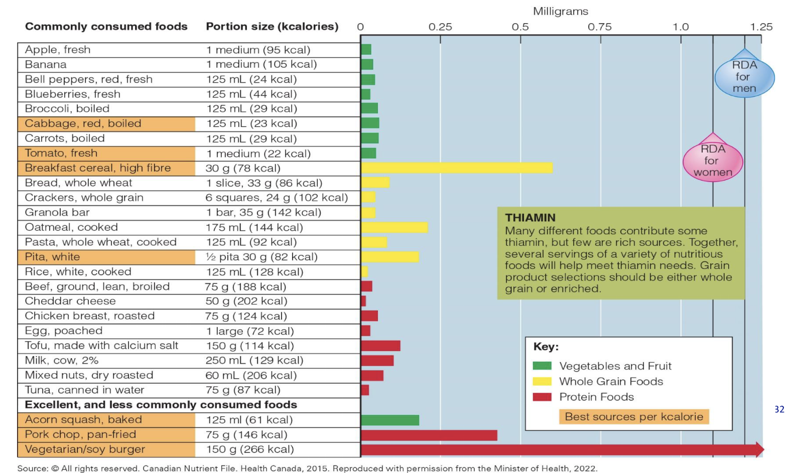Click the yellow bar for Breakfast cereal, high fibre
pos(456,168)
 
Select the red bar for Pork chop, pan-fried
pos(429,435)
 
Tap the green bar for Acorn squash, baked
pos(390,420)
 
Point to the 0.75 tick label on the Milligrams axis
pos(600,27)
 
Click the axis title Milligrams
pos(560,11)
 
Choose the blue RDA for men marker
pos(744,76)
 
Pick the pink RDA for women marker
pos(713,160)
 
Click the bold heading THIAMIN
pos(530,218)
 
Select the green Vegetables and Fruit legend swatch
pos(542,366)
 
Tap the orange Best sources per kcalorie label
pos(634,417)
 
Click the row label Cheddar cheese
pos(70,301)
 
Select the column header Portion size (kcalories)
pos(272,27)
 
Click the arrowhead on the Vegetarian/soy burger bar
pos(759,449)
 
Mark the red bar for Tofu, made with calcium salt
pos(380,346)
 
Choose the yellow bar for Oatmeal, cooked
pos(394,227)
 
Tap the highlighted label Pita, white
pos(52,257)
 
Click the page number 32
pos(779,409)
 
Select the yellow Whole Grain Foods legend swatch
pos(542,382)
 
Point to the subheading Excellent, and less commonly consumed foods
pos(161,405)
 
